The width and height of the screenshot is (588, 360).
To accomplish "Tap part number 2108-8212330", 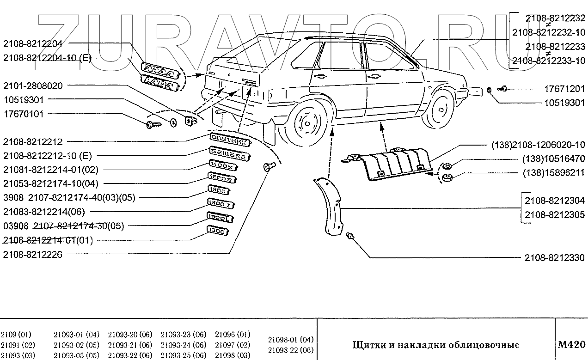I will click(x=555, y=257).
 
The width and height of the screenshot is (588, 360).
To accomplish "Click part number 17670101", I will click(x=24, y=114).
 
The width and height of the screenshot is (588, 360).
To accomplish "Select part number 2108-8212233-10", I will click(x=549, y=61).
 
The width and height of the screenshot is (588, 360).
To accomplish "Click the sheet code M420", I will click(x=572, y=344).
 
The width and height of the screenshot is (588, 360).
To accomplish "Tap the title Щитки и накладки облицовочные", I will click(x=436, y=345).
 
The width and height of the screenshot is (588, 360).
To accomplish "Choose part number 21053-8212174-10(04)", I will click(x=50, y=183).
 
